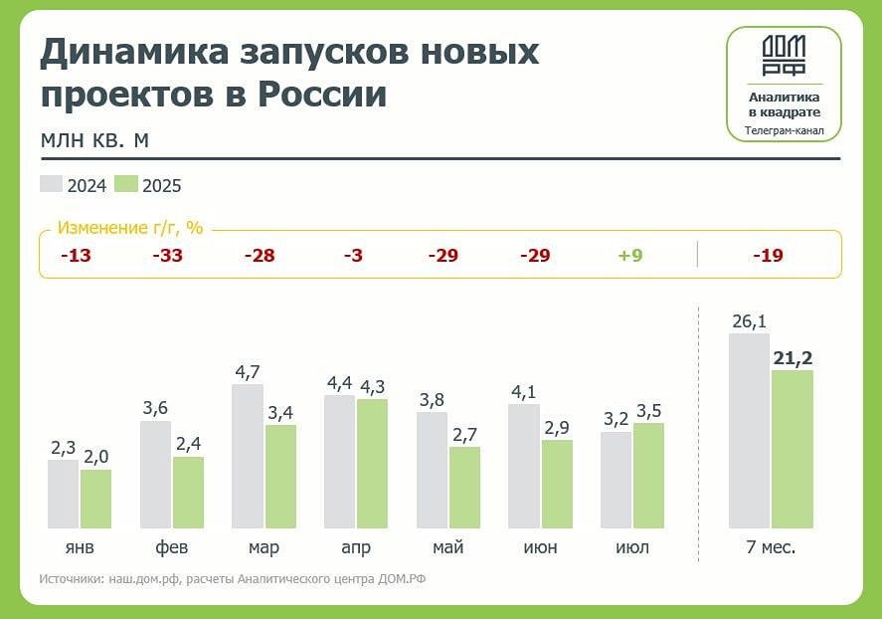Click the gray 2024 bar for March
(x=248, y=456)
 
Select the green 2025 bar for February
(x=188, y=493)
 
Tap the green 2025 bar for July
(x=648, y=476)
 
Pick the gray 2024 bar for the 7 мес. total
(x=749, y=430)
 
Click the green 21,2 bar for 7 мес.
(x=793, y=449)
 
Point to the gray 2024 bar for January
(x=63, y=494)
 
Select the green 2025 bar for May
(x=464, y=488)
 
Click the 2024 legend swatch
(x=52, y=184)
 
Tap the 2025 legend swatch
(x=126, y=184)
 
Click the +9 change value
(x=630, y=256)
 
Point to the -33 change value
(x=167, y=256)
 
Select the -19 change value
(x=768, y=256)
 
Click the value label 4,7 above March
(x=247, y=372)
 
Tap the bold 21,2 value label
(x=793, y=358)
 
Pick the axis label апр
(x=356, y=548)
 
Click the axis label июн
(x=540, y=548)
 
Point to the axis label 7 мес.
(x=771, y=548)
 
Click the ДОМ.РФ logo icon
(x=784, y=56)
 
